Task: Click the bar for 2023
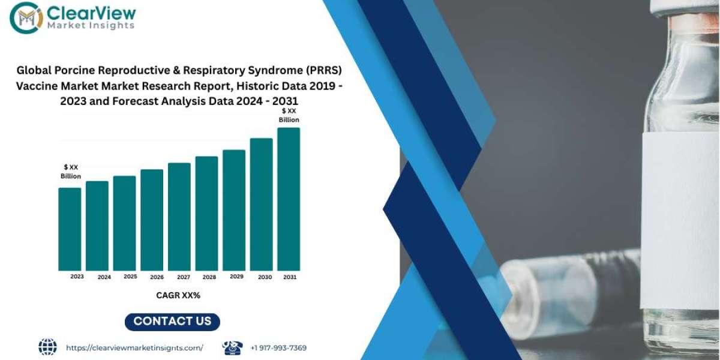pos(70,229)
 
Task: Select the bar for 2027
pos(179,217)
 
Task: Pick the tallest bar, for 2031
pos(289,199)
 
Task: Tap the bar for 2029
pos(234,210)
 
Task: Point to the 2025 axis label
pos(130,277)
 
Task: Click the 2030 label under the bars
pos(265,277)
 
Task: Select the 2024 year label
pos(104,277)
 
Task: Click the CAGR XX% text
pos(178,295)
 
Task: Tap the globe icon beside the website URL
pos(47,347)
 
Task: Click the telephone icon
pos(232,348)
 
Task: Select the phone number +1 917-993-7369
pos(278,348)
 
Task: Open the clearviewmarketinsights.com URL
pos(134,348)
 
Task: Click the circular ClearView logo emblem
pos(26,17)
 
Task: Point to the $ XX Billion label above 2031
pos(289,115)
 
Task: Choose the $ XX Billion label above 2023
pos(71,172)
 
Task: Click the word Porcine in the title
pos(74,70)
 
